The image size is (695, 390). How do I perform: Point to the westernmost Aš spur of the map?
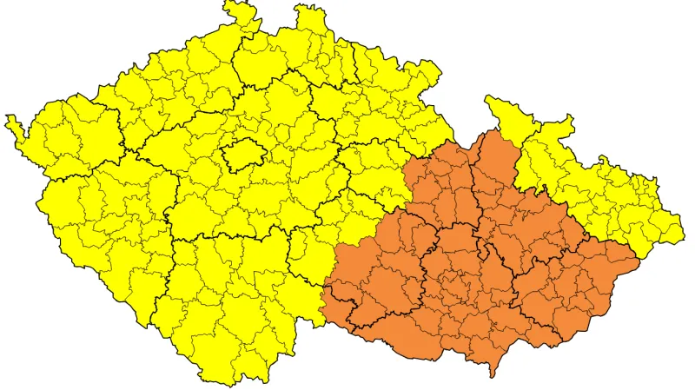10,121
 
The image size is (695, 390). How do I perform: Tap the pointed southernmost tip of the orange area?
493,373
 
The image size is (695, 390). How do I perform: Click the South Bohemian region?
226,295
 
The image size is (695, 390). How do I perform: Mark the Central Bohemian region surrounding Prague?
252,200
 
